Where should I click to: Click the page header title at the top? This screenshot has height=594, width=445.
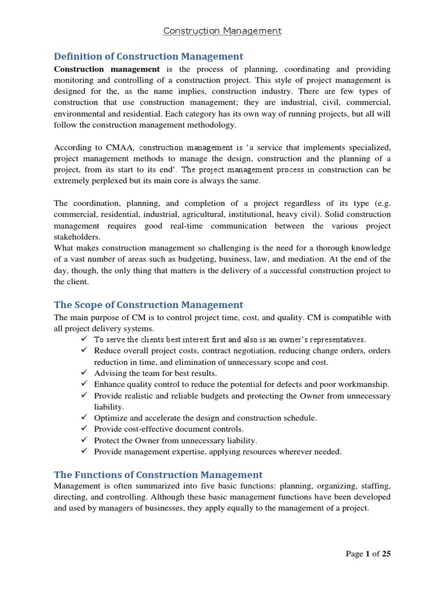[222, 31]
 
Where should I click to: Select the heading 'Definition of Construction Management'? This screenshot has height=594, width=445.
[148, 56]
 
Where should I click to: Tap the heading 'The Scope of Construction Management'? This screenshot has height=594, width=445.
[148, 305]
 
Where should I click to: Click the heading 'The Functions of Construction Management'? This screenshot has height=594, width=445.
[158, 475]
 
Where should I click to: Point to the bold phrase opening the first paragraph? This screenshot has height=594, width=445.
[107, 69]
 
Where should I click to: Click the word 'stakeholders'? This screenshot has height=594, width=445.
[77, 237]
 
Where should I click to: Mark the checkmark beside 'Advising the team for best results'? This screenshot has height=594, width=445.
[85, 373]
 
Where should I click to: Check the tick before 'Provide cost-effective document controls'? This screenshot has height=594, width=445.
[85, 429]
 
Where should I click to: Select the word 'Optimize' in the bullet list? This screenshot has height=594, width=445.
[110, 418]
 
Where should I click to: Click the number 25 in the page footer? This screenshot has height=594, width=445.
[385, 554]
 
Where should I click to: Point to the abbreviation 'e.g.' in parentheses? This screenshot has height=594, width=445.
[381, 204]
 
